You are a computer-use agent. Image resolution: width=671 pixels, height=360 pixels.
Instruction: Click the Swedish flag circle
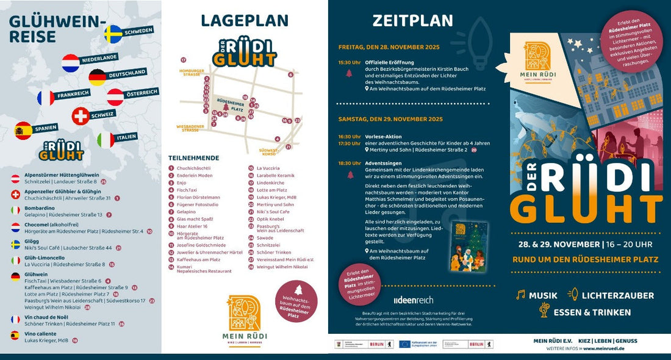[113, 34]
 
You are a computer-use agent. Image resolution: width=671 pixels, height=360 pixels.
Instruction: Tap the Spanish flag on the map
[23, 130]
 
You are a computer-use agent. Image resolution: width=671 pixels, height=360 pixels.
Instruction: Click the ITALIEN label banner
[126, 137]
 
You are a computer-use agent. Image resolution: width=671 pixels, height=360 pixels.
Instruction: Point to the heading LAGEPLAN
[245, 21]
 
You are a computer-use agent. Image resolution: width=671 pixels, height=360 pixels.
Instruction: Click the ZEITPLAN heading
[413, 21]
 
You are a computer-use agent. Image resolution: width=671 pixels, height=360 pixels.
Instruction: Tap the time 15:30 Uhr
[350, 62]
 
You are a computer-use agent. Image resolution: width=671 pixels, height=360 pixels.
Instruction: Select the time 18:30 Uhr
[350, 164]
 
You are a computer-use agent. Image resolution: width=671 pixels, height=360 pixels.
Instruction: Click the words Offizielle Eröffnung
[389, 62]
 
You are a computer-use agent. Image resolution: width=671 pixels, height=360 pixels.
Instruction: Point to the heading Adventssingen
[384, 164]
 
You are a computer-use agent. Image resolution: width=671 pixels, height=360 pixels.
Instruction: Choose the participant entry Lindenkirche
[270, 182]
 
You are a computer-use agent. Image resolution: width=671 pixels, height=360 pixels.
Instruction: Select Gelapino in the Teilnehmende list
[187, 212]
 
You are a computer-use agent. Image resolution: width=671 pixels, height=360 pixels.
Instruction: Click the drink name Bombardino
[40, 208]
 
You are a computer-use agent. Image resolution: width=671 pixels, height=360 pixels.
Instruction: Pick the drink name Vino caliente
[41, 333]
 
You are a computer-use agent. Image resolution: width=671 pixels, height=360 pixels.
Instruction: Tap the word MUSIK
[543, 295]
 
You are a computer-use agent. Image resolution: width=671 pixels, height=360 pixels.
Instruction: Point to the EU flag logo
[405, 344]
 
